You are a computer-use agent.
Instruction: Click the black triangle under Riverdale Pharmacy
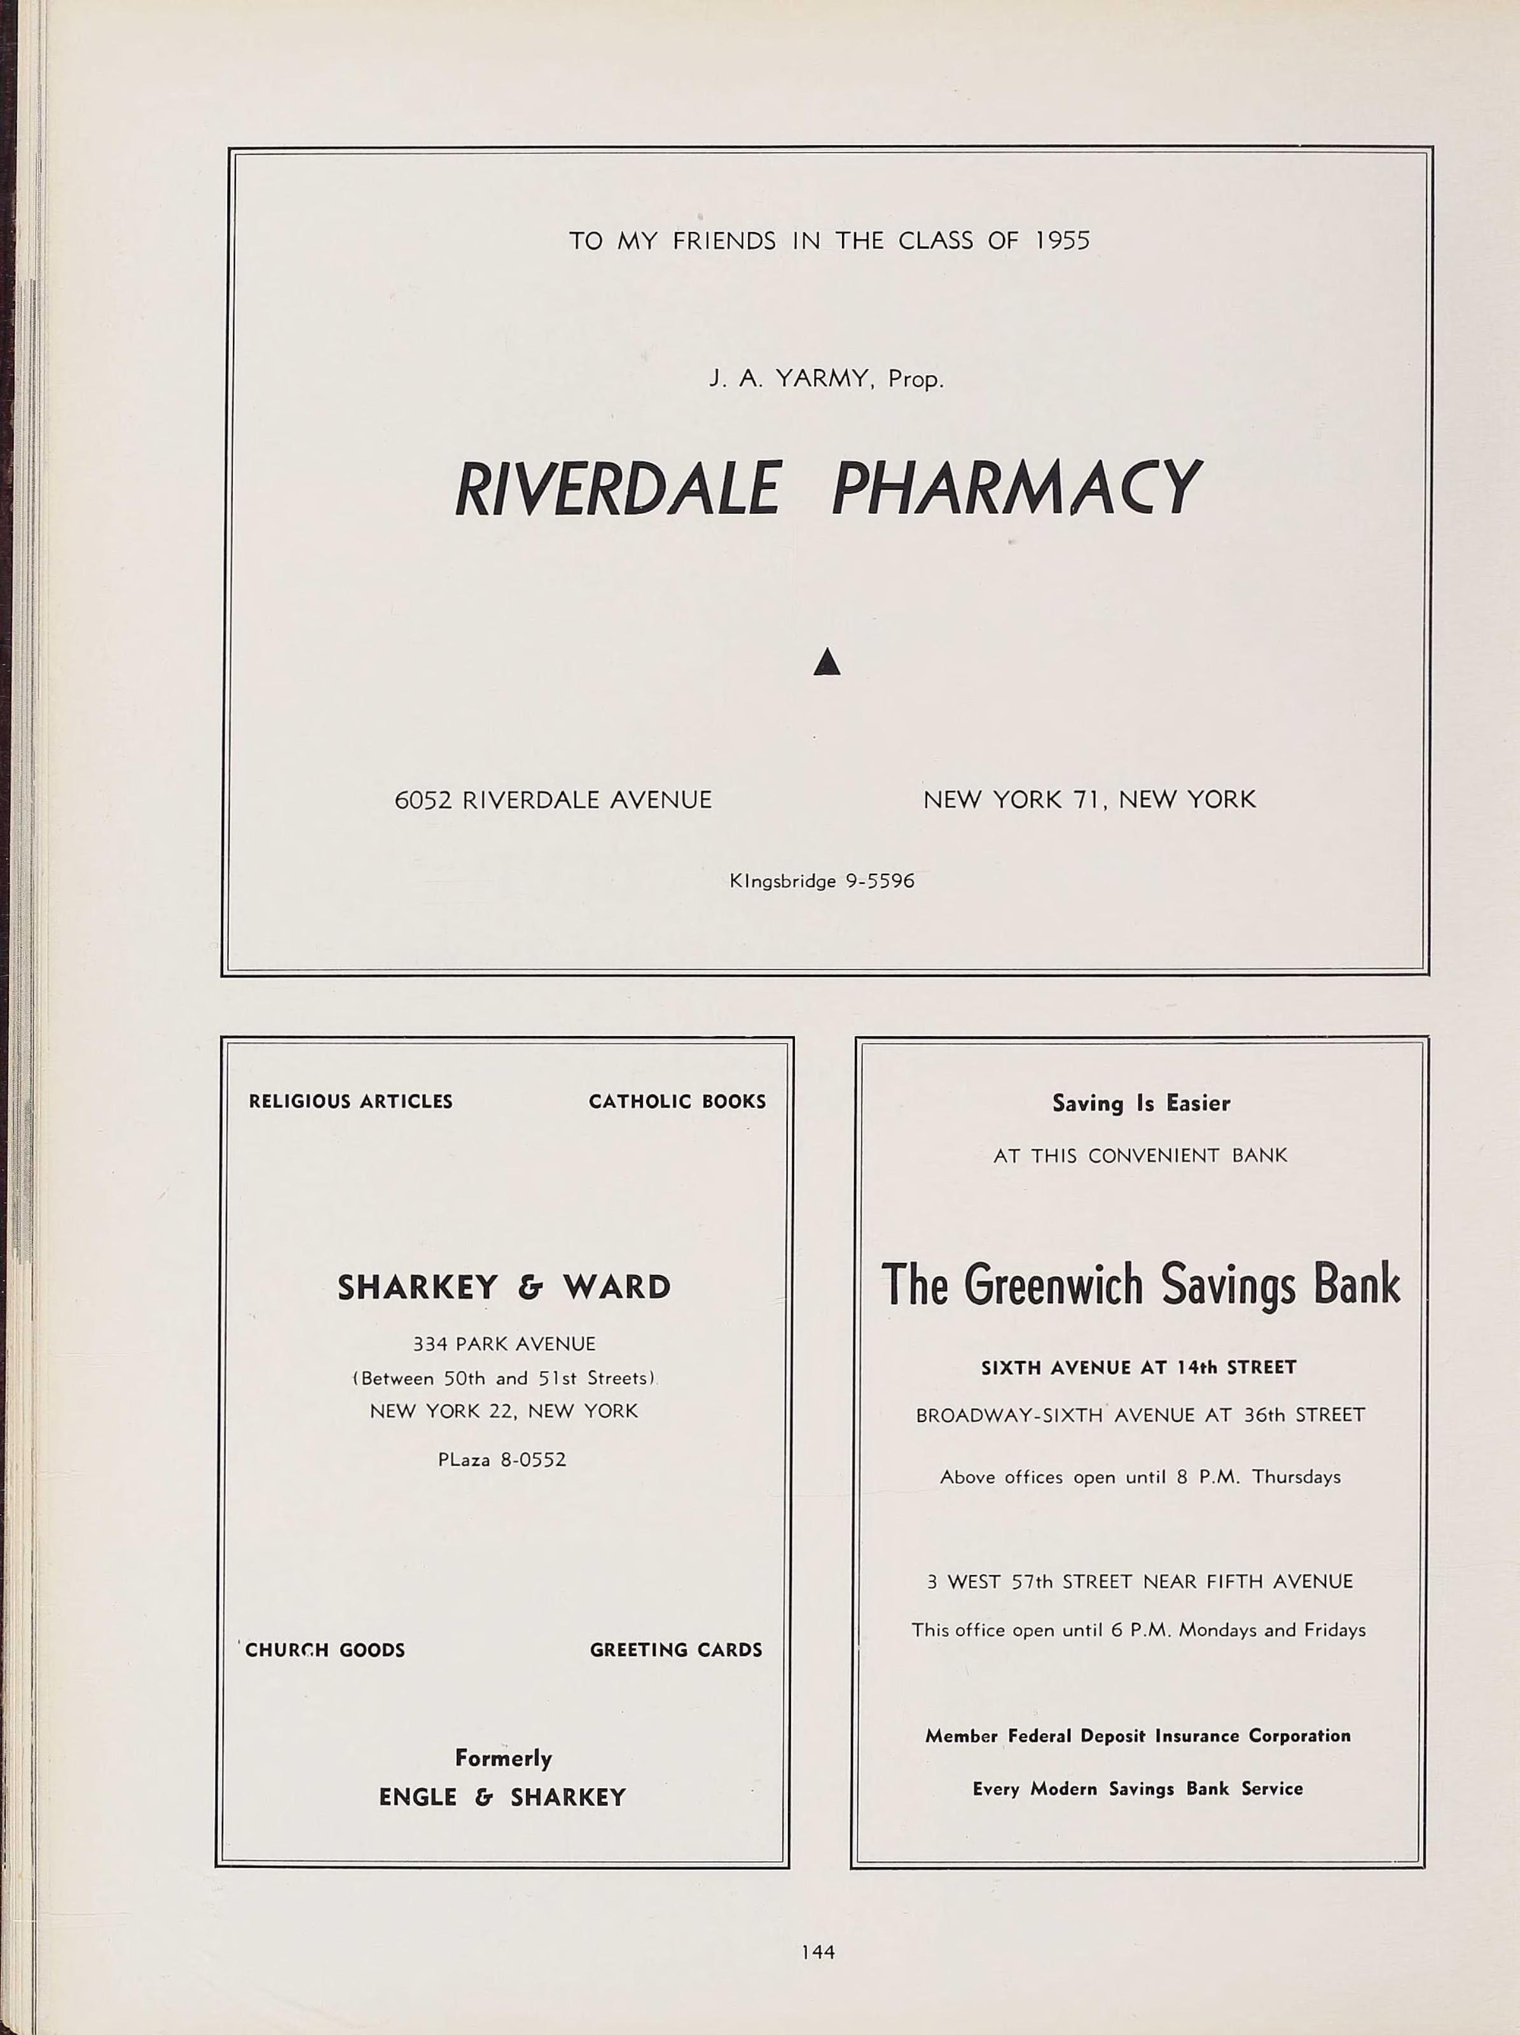827,661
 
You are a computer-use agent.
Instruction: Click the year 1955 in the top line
1062,241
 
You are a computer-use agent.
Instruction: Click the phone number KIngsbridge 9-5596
822,880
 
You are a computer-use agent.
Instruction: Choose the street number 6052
423,799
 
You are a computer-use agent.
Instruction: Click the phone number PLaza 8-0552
502,1459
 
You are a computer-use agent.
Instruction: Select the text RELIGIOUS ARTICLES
350,1101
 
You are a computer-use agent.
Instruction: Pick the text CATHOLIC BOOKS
677,1101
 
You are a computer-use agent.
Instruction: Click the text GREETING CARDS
676,1650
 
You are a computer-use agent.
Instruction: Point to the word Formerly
503,1758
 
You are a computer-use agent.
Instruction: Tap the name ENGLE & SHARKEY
502,1797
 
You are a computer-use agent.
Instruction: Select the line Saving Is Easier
1141,1103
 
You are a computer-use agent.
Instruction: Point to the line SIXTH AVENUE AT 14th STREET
1139,1368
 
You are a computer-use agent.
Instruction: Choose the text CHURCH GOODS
325,1650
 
